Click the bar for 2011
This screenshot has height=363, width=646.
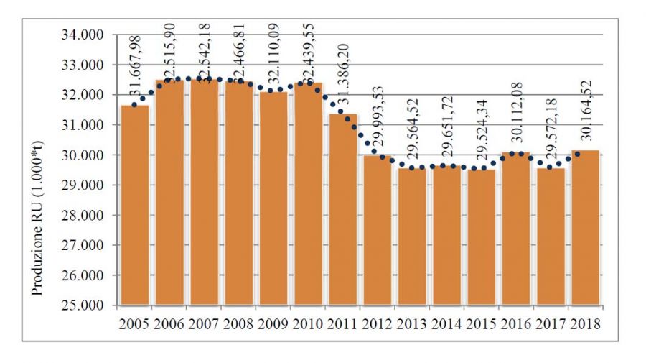tap(342, 209)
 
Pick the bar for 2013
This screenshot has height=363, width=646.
tap(412, 236)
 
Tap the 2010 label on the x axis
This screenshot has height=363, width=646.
tap(307, 323)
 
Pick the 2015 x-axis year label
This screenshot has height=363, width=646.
tap(481, 323)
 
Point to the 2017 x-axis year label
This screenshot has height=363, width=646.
tap(551, 323)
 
